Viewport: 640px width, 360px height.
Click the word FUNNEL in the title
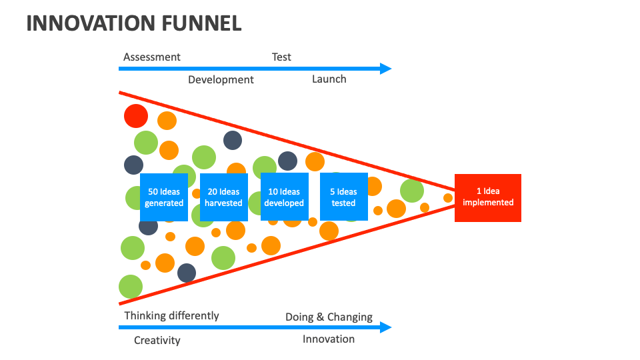coord(201,23)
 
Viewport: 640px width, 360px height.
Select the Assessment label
coord(152,57)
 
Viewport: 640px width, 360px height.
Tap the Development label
coord(221,79)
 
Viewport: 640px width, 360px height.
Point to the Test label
coord(281,57)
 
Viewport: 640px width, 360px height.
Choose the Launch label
coord(329,79)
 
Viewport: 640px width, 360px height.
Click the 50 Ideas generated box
coord(164,197)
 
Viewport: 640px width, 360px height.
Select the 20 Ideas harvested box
coord(224,197)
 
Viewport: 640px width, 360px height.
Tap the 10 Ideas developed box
coord(285,197)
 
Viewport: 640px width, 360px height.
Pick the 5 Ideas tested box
coord(344,197)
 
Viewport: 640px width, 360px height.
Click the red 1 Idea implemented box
coord(488,198)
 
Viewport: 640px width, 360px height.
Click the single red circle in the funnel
coord(136,116)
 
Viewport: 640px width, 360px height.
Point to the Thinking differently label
coord(171,316)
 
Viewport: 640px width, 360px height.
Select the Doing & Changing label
coord(329,317)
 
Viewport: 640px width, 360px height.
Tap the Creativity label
coord(157,341)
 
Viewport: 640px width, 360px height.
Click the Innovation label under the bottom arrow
coord(329,339)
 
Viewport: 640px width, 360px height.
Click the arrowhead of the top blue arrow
coord(386,69)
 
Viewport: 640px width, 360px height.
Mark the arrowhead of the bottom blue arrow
coord(386,327)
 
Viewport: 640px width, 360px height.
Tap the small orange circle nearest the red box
coord(448,198)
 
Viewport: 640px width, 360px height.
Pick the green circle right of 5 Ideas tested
coord(412,191)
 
